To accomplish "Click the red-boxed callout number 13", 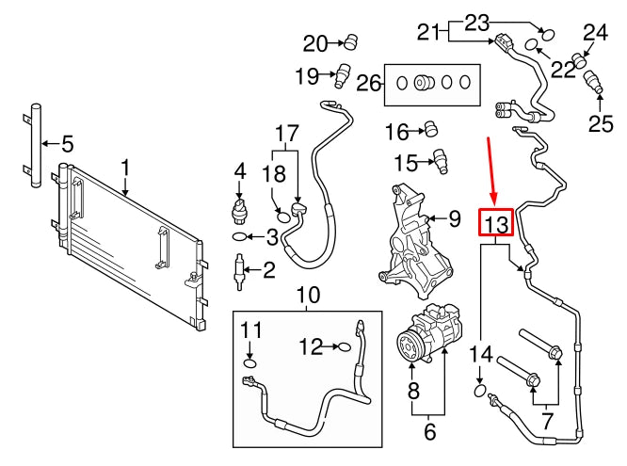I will tap(496, 224).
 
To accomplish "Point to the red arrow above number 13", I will tap(490, 169).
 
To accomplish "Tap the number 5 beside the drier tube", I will tap(67, 145).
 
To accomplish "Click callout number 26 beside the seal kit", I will tap(368, 84).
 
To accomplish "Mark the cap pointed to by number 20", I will tap(352, 40).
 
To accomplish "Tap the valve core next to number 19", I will tap(344, 72).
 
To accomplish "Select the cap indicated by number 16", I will tap(434, 128).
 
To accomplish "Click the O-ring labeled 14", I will tap(481, 388).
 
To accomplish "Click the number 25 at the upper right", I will tap(601, 122).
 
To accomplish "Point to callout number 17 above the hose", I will tap(285, 134).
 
